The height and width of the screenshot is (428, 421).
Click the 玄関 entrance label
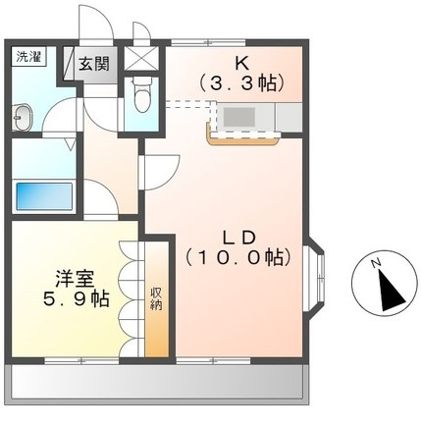[x=94, y=65]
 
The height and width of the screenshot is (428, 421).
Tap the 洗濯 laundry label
[x=26, y=58]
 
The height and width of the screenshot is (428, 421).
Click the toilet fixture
[x=140, y=99]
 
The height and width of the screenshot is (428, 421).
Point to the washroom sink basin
[x=24, y=119]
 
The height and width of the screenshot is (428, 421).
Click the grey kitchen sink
[x=238, y=116]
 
